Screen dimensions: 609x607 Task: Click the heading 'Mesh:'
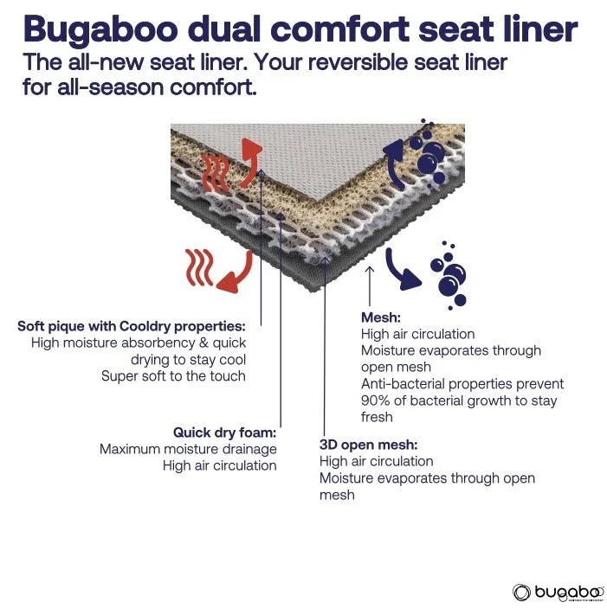pyautogui.click(x=380, y=317)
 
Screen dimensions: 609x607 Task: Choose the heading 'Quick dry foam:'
pyautogui.click(x=224, y=432)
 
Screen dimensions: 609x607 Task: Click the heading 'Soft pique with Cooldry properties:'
pyautogui.click(x=132, y=326)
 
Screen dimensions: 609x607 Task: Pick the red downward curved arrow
pyautogui.click(x=236, y=271)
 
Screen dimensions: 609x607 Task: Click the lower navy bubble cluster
pyautogui.click(x=449, y=273)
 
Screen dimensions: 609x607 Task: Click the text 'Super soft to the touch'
pyautogui.click(x=173, y=375)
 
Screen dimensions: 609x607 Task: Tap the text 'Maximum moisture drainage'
pyautogui.click(x=188, y=449)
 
